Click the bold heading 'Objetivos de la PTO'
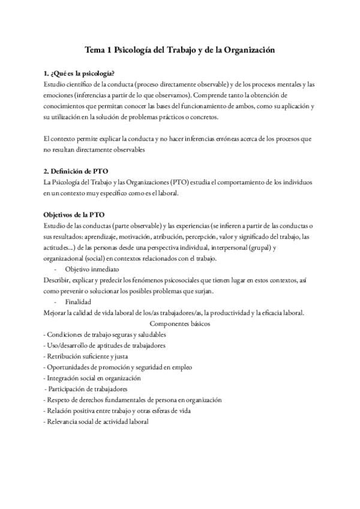[75, 214]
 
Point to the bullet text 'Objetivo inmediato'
[92, 269]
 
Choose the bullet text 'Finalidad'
[79, 301]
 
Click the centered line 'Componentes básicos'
[180, 323]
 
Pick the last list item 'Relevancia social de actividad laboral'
[96, 421]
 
